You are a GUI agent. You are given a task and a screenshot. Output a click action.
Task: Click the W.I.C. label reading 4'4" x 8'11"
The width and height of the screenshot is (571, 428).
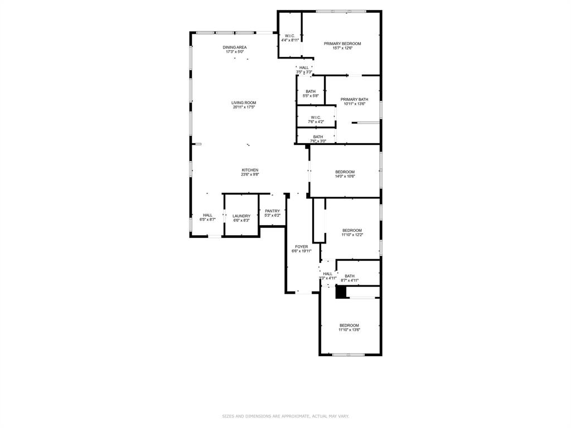(290, 38)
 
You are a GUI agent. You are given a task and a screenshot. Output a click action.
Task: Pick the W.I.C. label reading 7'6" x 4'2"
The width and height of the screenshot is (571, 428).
(316, 119)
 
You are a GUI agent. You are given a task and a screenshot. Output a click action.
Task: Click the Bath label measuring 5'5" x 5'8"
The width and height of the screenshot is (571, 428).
(311, 94)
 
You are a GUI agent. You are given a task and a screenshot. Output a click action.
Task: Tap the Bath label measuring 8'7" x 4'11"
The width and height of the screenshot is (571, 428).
(350, 278)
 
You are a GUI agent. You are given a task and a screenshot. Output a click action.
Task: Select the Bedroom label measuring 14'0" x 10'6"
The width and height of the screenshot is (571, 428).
(345, 174)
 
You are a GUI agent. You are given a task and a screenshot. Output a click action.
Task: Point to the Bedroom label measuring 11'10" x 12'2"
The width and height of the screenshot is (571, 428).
(352, 232)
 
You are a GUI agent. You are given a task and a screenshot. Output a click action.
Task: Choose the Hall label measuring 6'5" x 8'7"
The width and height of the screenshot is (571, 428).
(207, 217)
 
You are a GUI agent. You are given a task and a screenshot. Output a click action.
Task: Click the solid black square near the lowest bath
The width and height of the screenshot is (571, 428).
(341, 292)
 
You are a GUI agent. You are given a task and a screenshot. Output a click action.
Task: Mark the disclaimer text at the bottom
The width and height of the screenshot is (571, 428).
(285, 416)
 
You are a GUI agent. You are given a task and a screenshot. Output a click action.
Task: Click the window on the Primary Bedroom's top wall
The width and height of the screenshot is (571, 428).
(341, 11)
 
